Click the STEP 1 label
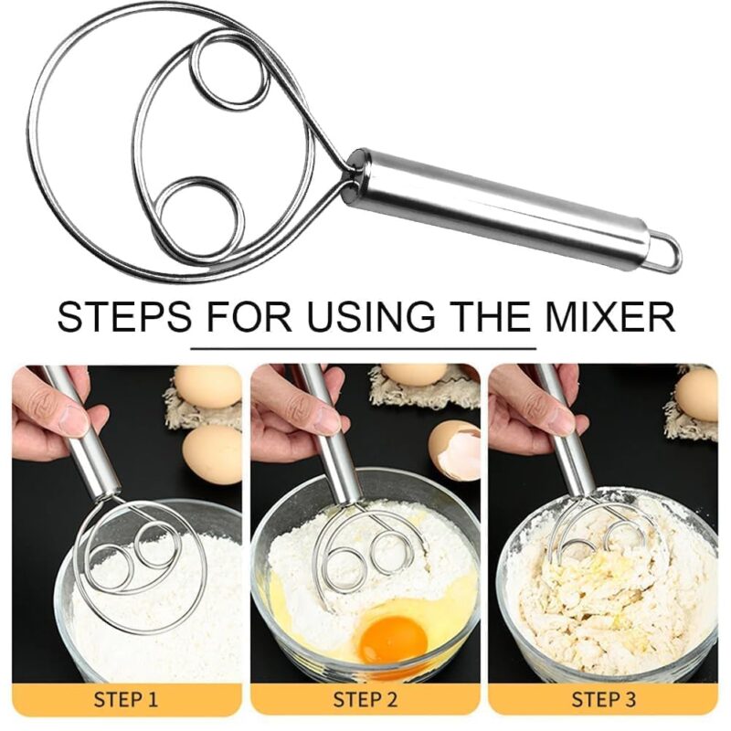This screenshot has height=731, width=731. pos(126,701)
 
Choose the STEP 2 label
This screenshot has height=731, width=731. pos(365,701)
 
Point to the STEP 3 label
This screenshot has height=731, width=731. pos(603,701)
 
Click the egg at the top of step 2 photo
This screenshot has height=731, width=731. pos(414,374)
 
